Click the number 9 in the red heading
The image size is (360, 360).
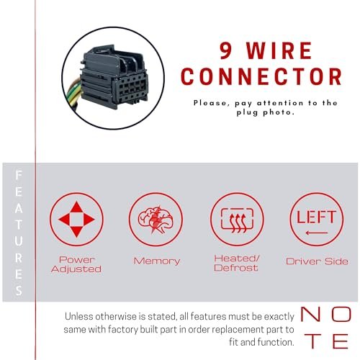226,50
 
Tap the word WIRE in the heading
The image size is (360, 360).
279,50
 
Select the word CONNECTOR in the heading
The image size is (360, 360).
261,76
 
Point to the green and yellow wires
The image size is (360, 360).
73,95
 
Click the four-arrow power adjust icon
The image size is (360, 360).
76,219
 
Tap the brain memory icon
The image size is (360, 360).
156,220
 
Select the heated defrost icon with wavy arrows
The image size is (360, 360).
237,220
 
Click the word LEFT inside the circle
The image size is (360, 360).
316,217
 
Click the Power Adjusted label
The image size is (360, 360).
76,264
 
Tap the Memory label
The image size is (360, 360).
157,261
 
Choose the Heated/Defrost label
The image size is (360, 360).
236,263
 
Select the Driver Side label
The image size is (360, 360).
317,261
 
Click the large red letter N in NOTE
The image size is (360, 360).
310,314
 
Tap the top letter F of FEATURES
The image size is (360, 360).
19,175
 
